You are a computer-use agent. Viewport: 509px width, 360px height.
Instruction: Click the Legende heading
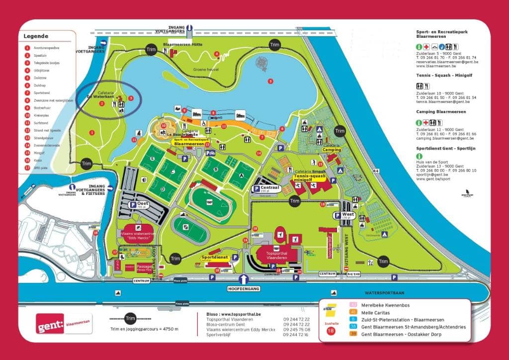coord(35,36)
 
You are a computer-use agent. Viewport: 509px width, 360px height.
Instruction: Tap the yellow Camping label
coord(331,149)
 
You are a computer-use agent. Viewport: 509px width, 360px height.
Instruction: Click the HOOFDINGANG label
coord(244,287)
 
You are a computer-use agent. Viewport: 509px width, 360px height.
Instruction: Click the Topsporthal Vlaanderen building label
coord(276,251)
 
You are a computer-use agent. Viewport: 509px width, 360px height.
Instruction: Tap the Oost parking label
coord(140,204)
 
